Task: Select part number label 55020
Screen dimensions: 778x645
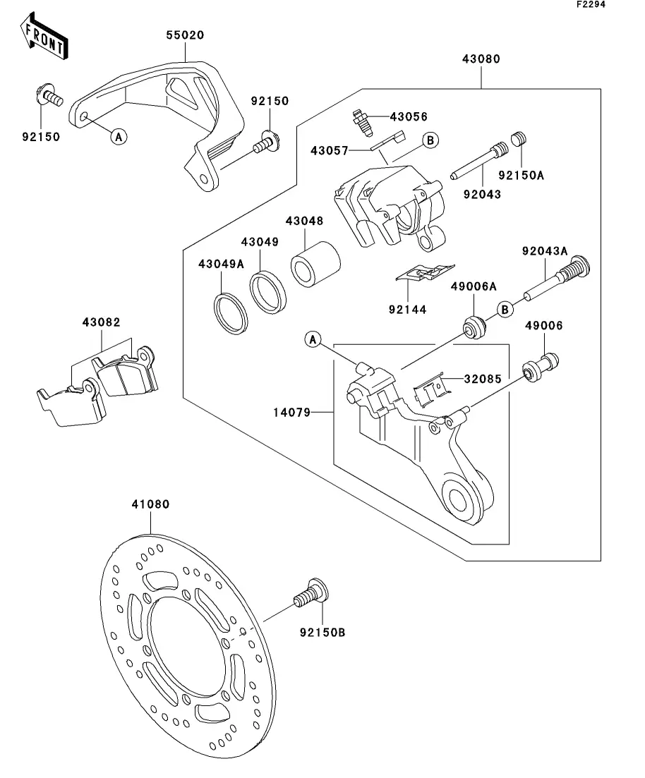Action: coord(185,35)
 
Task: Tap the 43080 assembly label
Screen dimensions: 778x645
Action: coord(481,59)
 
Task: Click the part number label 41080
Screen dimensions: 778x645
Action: coord(150,504)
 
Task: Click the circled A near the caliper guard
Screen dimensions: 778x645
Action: coord(118,136)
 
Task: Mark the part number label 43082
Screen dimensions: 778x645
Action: coord(101,322)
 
